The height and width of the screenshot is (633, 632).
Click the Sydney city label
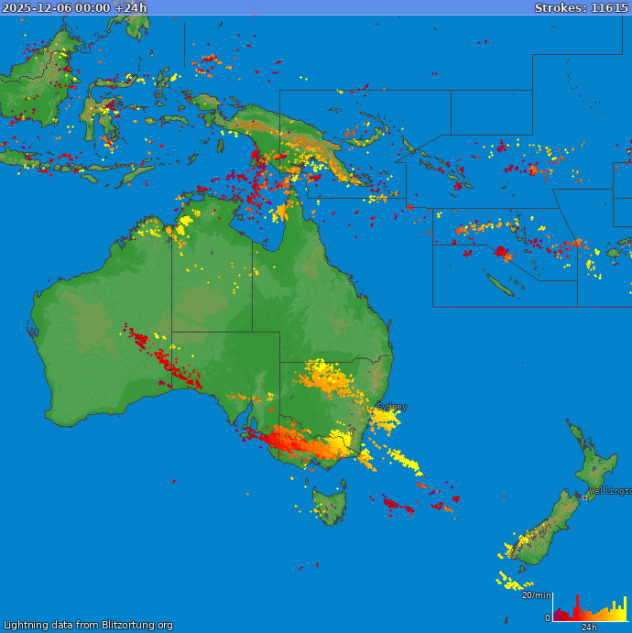393,406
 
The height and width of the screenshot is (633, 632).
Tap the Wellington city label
609,491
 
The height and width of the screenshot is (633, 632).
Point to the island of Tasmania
330,505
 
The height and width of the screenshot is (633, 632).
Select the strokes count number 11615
609,7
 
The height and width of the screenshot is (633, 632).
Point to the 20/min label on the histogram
536,595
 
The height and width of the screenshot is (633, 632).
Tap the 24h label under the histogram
589,628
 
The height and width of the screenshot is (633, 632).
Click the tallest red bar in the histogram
577,606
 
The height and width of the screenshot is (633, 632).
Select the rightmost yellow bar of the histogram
626,608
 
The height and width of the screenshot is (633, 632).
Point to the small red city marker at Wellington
585,497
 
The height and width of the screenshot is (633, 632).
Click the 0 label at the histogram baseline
548,618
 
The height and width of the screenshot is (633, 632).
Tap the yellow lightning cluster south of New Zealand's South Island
513,583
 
